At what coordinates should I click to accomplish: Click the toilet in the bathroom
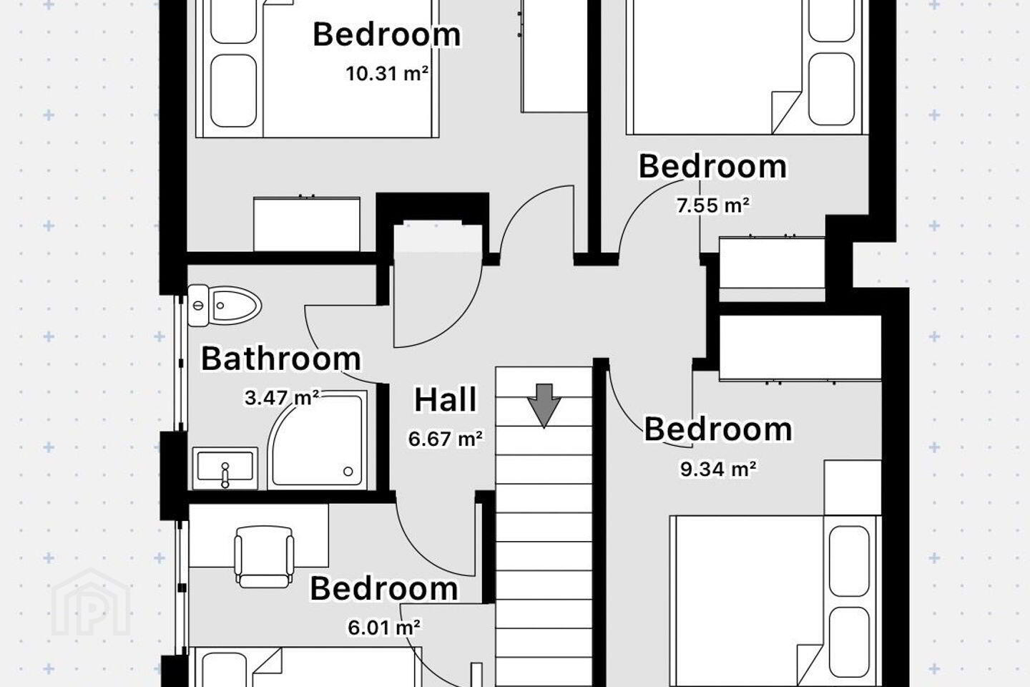pos(225,305)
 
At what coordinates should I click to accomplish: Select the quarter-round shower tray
pos(318,440)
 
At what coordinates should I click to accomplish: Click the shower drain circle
pos(348,471)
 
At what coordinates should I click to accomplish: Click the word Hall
pos(446,399)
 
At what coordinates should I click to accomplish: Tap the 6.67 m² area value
pos(446,438)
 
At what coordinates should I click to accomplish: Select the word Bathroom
pos(281,359)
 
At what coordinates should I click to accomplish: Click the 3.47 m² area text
pos(282,398)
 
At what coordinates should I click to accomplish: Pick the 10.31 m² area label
pos(387,73)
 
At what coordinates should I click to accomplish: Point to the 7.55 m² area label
pos(712,205)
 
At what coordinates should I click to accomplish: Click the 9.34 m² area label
pos(718,469)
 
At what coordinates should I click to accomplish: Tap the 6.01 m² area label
pos(384,627)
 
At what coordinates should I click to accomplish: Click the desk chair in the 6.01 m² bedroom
pos(264,557)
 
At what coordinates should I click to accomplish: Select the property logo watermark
pos(91,603)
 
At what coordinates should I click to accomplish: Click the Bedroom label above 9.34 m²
pos(718,429)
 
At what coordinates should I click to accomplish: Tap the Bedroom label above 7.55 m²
pos(712,166)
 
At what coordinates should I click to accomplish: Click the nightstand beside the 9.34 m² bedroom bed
pos(853,487)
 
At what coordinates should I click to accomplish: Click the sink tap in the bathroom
pos(225,474)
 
